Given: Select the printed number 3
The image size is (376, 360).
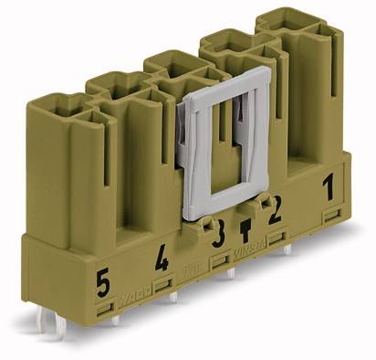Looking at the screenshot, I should pos(218,238).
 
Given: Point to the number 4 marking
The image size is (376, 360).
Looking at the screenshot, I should pos(162,262).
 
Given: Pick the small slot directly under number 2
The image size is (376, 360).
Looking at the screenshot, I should pos(277,239).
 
